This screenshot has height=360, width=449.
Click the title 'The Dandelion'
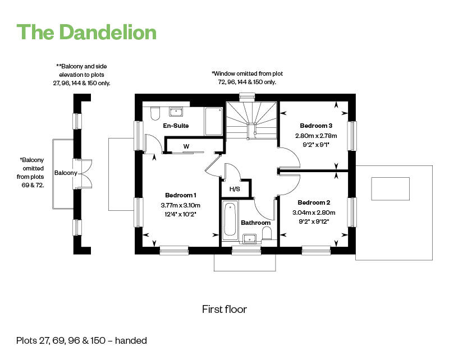(86, 32)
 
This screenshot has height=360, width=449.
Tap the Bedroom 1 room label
(181, 195)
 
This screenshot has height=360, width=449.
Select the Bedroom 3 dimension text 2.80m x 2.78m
(316, 136)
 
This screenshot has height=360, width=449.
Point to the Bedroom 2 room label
(314, 202)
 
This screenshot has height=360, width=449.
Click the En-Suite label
(176, 126)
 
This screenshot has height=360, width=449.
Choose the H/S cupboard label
(235, 189)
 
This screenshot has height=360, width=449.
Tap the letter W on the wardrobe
(186, 146)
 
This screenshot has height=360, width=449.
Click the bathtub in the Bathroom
(230, 219)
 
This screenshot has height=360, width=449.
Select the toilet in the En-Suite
(155, 114)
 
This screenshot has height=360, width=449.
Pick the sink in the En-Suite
(176, 112)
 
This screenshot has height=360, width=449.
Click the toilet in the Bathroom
(267, 233)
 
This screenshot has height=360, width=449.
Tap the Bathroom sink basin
(249, 239)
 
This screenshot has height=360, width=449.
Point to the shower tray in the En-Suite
(214, 121)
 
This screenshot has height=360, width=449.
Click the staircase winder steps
(251, 120)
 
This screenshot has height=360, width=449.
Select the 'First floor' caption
(224, 310)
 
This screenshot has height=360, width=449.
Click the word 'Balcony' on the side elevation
(66, 173)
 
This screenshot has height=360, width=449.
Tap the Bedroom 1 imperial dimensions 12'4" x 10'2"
(180, 214)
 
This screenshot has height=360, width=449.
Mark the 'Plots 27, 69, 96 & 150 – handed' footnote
(81, 340)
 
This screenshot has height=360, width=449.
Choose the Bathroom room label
(256, 223)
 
